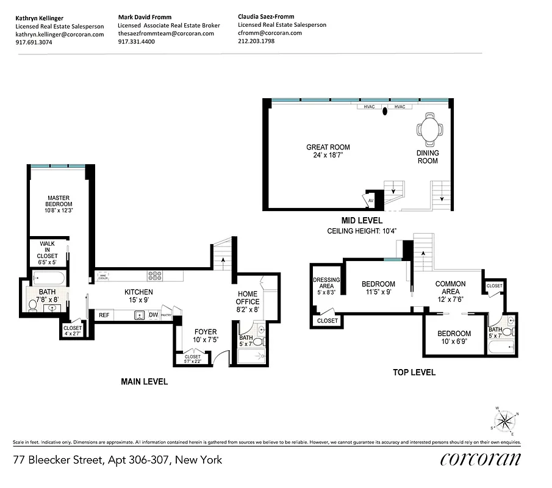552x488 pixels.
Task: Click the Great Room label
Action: click(328, 147)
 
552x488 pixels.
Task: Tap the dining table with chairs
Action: click(428, 129)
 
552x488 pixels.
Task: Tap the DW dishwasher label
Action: click(153, 315)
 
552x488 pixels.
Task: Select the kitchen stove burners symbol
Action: click(155, 276)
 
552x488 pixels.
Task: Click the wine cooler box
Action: click(103, 276)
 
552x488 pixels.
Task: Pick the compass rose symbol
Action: click(504, 421)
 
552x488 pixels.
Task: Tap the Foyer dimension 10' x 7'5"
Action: click(206, 340)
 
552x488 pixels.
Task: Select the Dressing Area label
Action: click(326, 284)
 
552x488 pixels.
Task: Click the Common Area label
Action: click(450, 287)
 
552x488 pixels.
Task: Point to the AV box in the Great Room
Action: click(370, 199)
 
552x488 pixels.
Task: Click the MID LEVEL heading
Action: click(362, 220)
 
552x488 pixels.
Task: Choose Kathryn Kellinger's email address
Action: click(59, 34)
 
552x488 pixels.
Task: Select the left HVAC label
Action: click(369, 107)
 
